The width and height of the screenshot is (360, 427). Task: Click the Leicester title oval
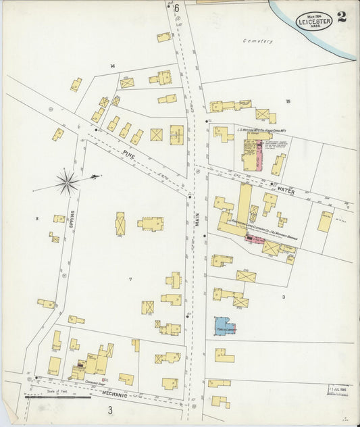click(315, 21)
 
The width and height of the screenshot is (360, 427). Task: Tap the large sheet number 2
click(342, 18)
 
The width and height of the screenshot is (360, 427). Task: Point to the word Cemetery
click(258, 41)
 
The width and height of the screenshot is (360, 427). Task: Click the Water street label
click(286, 192)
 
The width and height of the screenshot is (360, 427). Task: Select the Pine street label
click(129, 155)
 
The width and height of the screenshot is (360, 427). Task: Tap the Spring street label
click(70, 218)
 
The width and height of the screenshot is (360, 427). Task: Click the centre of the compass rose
click(68, 182)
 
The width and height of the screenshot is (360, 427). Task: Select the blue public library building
click(224, 326)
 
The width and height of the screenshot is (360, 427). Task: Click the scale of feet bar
click(57, 397)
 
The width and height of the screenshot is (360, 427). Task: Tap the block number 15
click(288, 101)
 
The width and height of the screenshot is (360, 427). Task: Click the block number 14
click(113, 66)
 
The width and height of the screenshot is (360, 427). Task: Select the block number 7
click(130, 279)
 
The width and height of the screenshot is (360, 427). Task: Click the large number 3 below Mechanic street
click(109, 410)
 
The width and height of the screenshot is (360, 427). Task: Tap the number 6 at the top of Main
click(177, 9)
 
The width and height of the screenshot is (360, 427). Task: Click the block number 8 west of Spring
click(37, 218)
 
